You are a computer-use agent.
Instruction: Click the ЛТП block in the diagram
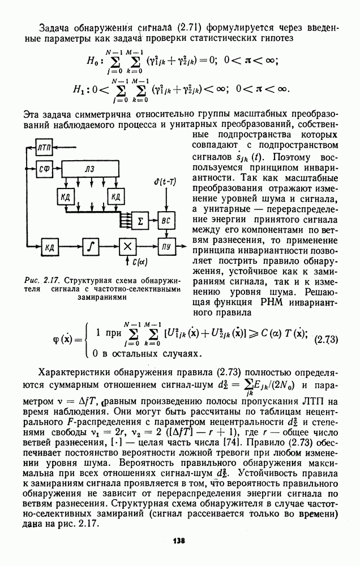[44, 147]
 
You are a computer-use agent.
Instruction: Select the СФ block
[44, 168]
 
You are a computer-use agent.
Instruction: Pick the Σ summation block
[140, 221]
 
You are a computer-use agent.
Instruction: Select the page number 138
[179, 541]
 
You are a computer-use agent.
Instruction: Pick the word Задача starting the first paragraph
[55, 27]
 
